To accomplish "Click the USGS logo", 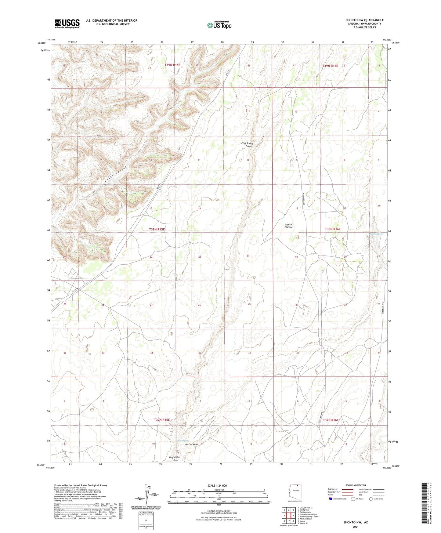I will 67,23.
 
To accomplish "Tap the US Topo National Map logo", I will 219,25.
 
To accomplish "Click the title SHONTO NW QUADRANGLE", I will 364,20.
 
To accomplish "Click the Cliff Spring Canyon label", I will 247,145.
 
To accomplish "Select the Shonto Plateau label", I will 288,226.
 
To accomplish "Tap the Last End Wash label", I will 191,444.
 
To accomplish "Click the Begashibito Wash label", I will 175,459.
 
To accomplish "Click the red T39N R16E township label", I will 330,66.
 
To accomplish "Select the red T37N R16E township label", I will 331,420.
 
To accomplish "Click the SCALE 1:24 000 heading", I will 217,486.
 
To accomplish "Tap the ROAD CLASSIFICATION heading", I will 356,485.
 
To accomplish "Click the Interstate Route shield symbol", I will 331,499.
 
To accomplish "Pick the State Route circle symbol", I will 371,499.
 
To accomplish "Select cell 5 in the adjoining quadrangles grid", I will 293,516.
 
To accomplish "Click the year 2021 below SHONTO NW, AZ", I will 356,527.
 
